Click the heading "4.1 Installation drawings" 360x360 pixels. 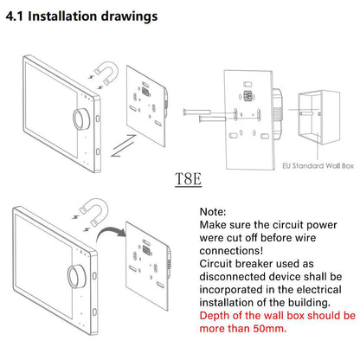click(x=81, y=16)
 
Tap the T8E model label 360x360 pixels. click(x=188, y=179)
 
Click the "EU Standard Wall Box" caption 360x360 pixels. click(x=318, y=166)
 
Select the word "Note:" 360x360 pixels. click(x=213, y=212)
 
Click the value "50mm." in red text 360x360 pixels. click(x=270, y=329)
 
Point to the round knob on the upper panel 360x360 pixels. click(x=80, y=119)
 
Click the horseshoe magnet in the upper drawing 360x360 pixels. click(x=107, y=72)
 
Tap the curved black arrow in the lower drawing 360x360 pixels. click(x=109, y=231)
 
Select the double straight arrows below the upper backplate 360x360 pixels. click(x=124, y=145)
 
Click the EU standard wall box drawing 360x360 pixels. click(x=318, y=117)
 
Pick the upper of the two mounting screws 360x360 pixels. click(x=197, y=112)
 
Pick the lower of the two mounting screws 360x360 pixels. click(x=213, y=119)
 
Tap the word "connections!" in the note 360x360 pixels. click(x=231, y=251)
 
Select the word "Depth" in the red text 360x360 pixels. click(x=215, y=316)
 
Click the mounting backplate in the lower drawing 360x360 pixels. click(x=148, y=266)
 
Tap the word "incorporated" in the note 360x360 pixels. click(x=231, y=290)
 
